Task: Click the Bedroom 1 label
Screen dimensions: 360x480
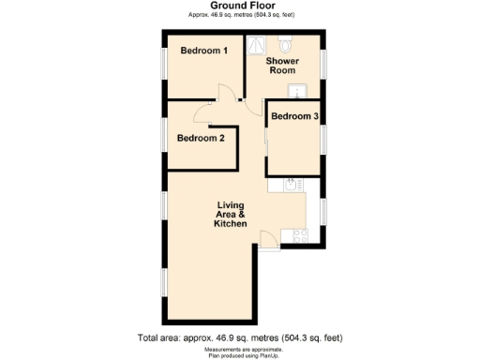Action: (204, 50)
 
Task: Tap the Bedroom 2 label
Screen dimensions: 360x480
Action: (201, 139)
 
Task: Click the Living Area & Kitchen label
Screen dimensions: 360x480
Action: (231, 215)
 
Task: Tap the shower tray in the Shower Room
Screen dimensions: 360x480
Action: (257, 45)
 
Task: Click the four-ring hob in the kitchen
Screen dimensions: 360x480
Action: (299, 235)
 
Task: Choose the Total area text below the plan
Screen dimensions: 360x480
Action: (240, 337)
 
